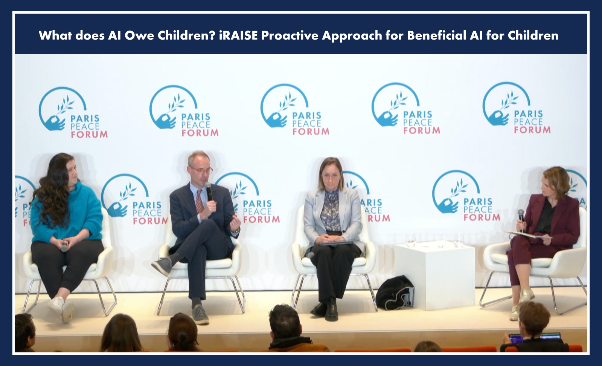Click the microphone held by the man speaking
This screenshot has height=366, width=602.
point(209,191)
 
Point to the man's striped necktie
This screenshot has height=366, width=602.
point(200,201)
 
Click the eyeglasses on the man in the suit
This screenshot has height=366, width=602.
point(201,170)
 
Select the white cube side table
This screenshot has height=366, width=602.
point(434,276)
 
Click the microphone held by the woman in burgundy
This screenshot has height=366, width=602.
point(521,220)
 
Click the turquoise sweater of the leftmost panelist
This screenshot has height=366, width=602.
point(67,211)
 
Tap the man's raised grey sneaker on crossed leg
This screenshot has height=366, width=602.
point(162,266)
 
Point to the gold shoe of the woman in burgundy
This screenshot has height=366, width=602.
point(526,296)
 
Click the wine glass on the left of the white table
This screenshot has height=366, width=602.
point(410,240)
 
